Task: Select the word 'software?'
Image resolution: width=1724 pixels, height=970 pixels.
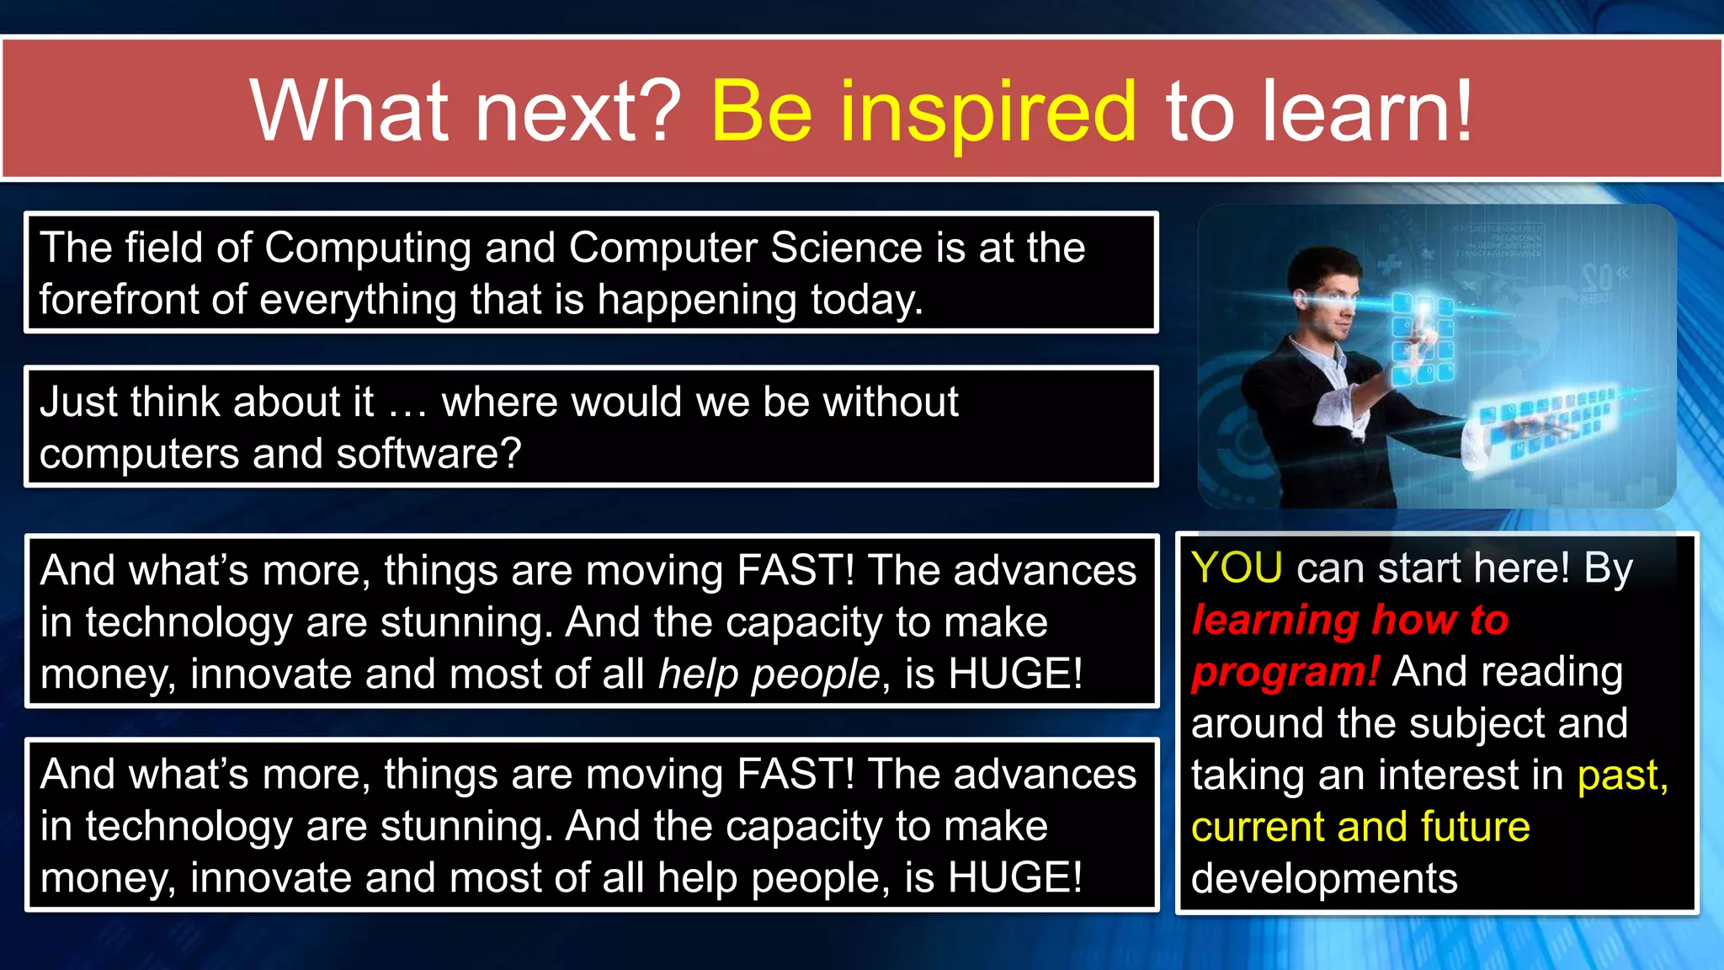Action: point(428,455)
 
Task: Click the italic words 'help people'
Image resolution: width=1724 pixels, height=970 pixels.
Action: point(769,674)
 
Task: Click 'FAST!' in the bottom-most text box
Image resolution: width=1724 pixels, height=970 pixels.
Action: point(795,774)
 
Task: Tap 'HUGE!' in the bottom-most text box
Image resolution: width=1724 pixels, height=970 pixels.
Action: point(1015,878)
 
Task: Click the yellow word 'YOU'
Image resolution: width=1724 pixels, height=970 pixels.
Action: point(1237,568)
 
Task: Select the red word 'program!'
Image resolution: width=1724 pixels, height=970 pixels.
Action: point(1285,672)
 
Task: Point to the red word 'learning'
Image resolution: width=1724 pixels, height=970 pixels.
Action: point(1274,621)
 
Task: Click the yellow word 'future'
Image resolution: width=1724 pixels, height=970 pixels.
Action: point(1474,827)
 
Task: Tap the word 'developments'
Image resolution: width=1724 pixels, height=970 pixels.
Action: point(1323,879)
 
